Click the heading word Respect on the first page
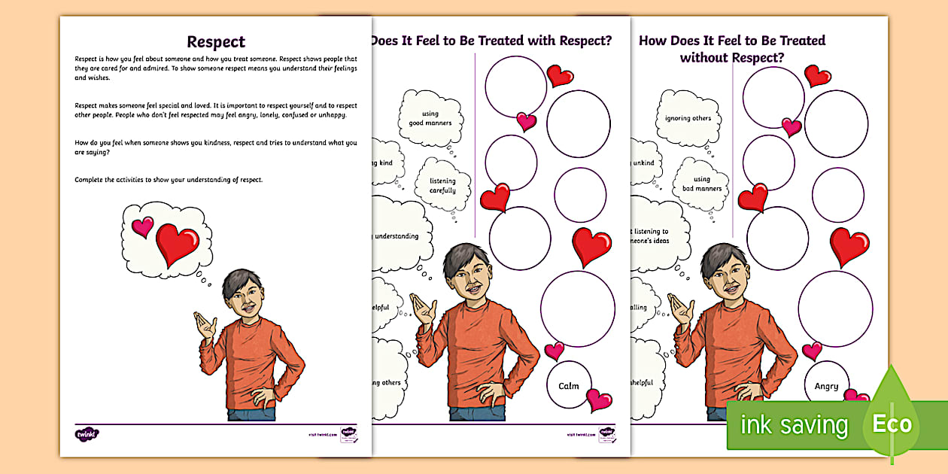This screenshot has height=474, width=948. tap(215, 41)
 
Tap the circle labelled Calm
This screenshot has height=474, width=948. tap(569, 385)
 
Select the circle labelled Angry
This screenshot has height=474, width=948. tap(826, 385)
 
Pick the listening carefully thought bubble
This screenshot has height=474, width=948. tap(442, 185)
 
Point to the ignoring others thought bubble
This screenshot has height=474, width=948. tap(688, 118)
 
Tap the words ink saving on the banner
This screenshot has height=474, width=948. tap(794, 425)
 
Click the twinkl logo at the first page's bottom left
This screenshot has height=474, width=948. tap(87, 434)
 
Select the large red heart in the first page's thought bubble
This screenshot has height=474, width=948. tap(178, 244)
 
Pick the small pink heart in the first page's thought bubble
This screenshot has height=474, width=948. tap(142, 226)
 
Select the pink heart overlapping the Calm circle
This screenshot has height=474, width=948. tap(599, 400)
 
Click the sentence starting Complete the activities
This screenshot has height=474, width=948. tap(169, 180)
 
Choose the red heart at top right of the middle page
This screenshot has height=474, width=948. tap(559, 75)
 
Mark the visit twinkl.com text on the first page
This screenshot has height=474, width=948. tap(321, 434)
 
